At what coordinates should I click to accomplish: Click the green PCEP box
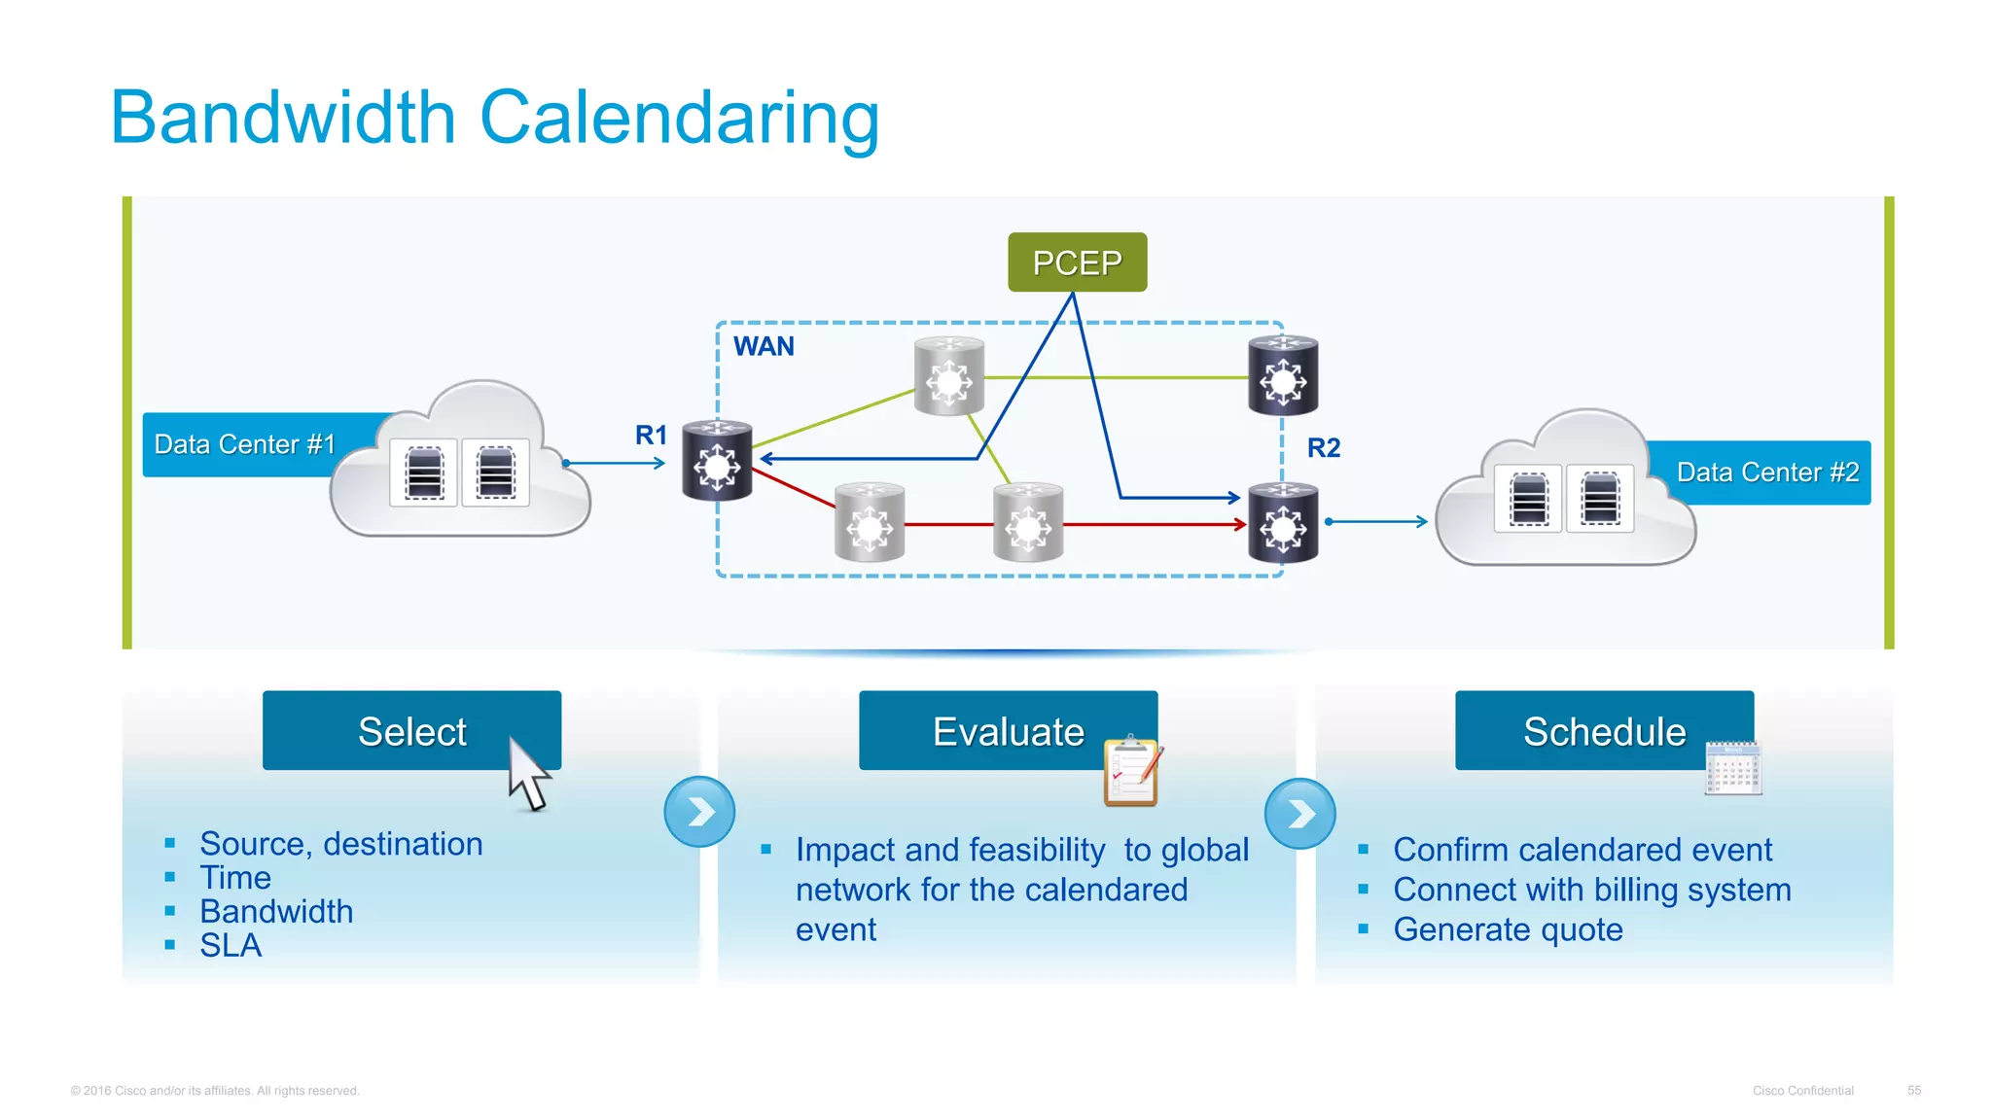coord(1077,262)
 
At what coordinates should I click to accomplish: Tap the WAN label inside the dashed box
coord(764,346)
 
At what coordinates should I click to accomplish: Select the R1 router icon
coord(717,461)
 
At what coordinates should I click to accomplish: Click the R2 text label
coord(1323,448)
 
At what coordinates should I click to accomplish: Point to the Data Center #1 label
coord(245,444)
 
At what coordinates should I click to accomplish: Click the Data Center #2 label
coord(1767,472)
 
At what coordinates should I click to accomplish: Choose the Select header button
coord(411,731)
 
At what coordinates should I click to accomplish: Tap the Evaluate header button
coord(1008,731)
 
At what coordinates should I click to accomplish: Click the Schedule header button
coord(1604,731)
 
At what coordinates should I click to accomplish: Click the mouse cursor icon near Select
coord(528,774)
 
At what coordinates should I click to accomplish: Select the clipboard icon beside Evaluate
coord(1132,772)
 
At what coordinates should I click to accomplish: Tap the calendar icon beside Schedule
coord(1732,768)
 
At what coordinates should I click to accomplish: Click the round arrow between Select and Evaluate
coord(699,812)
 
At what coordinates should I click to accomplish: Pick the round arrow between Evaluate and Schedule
coord(1299,814)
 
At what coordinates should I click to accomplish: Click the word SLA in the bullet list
coord(231,945)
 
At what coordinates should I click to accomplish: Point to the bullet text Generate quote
coord(1508,929)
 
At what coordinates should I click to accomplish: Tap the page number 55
coord(1913,1090)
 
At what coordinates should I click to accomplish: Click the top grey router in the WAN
coord(949,376)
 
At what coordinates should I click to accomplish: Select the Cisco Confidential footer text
coord(1802,1090)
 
